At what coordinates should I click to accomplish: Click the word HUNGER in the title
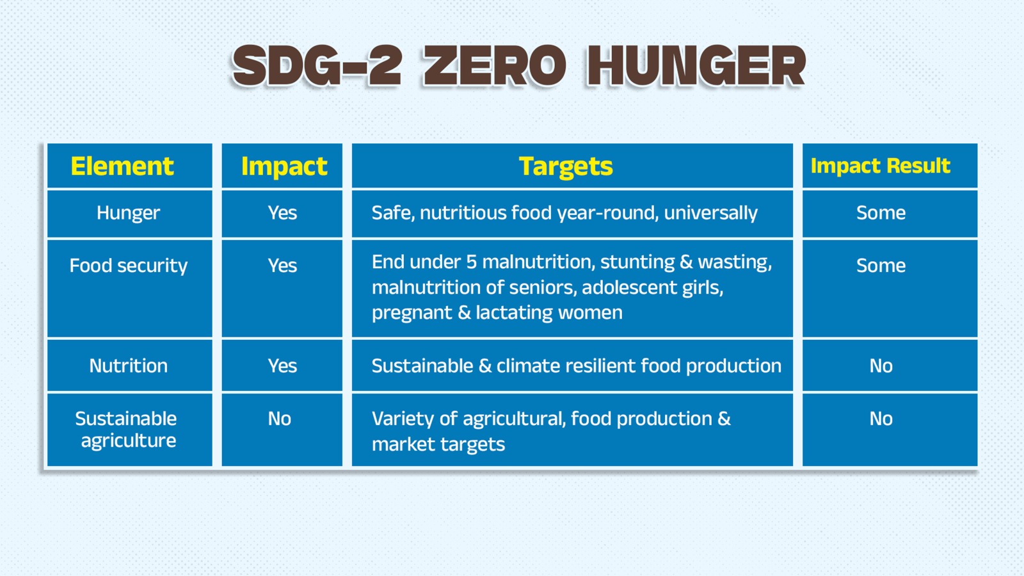(696, 66)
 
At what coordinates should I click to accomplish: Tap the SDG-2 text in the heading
(317, 66)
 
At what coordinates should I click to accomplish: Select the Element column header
(122, 166)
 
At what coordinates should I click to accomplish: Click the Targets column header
(566, 166)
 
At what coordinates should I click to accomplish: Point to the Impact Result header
(881, 166)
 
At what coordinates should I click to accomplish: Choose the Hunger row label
(129, 213)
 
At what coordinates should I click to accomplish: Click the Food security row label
(129, 266)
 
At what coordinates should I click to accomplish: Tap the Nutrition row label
(129, 365)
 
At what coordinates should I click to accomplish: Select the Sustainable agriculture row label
(127, 429)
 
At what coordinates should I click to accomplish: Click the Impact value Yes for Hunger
(282, 213)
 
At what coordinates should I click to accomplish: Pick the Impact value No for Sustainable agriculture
(279, 419)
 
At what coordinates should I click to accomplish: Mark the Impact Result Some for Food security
(881, 266)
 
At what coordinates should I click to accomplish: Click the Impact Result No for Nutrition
(881, 365)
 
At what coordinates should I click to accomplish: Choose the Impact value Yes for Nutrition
(282, 365)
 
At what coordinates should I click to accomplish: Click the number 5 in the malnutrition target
(471, 262)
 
